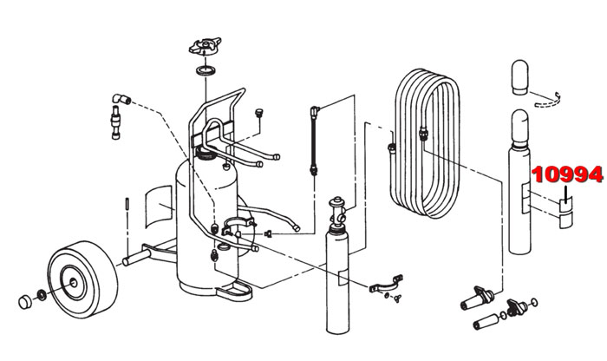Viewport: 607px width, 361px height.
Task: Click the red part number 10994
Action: tap(568, 174)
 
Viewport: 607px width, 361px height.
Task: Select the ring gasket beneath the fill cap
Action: tap(206, 70)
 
